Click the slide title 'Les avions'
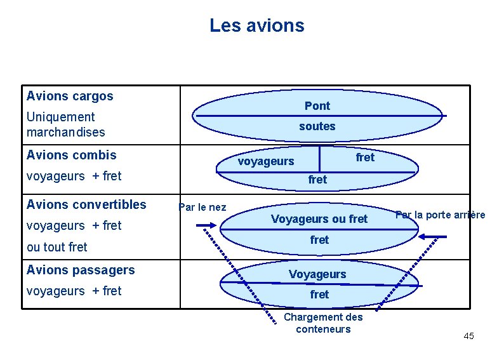257,25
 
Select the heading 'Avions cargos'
70,96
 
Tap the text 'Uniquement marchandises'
65,124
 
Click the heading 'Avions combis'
72,155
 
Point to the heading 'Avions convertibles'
86,204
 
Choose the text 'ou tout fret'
57,247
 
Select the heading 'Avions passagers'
81,270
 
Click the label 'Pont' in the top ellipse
317,105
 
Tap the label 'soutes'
317,126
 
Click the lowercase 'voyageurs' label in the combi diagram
266,161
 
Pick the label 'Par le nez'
202,207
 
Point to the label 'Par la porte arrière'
441,215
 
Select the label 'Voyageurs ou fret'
319,219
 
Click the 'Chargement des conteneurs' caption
323,323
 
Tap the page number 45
468,335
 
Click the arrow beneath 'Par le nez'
206,225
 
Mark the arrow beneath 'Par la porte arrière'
432,236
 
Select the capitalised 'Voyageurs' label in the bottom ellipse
317,274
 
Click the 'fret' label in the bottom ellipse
319,294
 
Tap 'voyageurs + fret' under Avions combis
74,176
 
